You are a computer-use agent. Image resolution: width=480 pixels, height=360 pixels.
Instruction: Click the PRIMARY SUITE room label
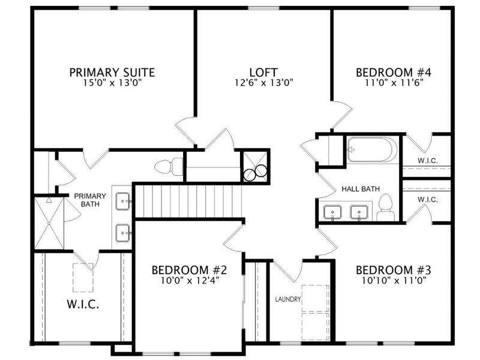pos(112,73)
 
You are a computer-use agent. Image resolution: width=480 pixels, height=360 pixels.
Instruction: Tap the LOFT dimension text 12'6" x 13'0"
pos(264,83)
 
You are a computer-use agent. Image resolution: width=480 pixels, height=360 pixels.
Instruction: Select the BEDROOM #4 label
pos(394,73)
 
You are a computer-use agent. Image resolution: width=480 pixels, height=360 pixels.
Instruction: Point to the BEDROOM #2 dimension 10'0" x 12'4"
pos(190,280)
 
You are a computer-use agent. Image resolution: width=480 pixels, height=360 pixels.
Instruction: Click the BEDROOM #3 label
pos(394,271)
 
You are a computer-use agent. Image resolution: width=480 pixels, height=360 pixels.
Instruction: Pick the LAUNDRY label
pos(288,299)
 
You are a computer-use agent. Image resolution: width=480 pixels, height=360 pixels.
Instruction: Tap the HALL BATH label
pos(361,189)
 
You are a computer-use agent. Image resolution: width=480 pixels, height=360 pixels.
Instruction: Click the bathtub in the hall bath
pos(372,149)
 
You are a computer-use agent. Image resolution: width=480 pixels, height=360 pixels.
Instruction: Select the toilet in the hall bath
pos(385,207)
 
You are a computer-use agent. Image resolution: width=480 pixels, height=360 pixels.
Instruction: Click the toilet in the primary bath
pos(169,167)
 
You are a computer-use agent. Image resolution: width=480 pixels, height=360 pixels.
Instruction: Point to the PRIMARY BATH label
pos(90,200)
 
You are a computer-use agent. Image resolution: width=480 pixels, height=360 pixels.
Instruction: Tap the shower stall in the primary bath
pos(49,223)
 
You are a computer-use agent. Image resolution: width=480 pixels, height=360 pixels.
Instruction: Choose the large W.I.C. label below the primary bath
pos(83,304)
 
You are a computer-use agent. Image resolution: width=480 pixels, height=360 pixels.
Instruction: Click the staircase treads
pos(188,201)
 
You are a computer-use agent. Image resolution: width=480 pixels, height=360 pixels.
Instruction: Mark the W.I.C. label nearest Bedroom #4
pos(428,160)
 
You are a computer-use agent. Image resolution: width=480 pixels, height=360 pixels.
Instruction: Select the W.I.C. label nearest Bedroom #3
pos(428,200)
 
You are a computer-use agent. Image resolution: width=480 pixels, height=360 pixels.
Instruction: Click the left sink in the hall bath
pos(332,213)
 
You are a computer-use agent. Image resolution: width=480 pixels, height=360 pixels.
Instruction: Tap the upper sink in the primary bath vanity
pos(124,201)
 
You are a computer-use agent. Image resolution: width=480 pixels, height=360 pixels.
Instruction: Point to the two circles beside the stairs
pos(256,172)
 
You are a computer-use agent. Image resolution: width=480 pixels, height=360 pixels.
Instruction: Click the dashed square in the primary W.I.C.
pos(83,278)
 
